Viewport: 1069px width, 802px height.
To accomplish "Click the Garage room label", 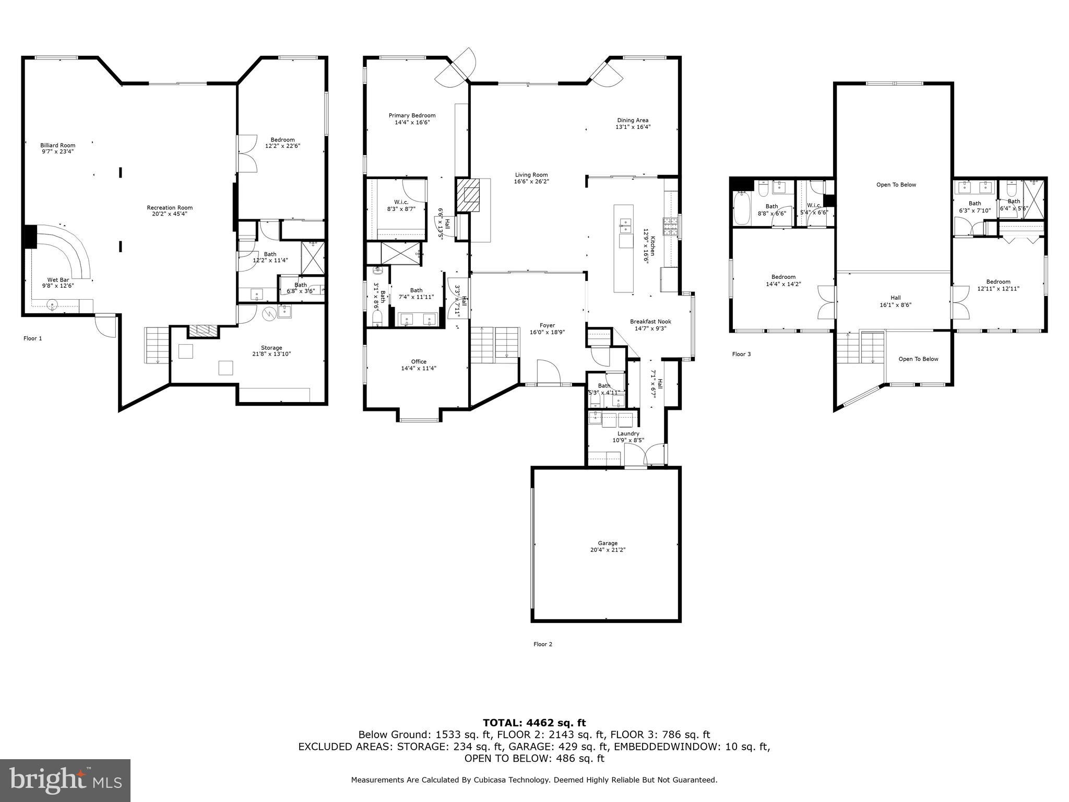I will (608, 543).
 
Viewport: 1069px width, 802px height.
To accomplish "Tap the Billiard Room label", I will (58, 145).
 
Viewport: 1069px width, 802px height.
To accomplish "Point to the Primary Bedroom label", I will (412, 115).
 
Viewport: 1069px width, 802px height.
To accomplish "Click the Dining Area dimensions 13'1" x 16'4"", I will (633, 127).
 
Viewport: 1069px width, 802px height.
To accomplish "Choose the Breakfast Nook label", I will (650, 322).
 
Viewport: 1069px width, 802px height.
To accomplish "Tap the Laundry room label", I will (628, 433).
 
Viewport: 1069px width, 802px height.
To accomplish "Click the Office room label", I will (419, 361).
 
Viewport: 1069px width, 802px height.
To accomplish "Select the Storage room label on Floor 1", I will (271, 348).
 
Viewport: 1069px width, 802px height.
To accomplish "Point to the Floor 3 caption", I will (741, 354).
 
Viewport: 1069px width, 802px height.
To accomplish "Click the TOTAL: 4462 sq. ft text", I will (534, 723).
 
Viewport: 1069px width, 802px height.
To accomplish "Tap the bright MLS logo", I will (65, 780).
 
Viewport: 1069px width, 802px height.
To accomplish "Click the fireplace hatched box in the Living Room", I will (467, 195).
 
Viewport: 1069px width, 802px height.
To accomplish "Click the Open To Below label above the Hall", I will (896, 184).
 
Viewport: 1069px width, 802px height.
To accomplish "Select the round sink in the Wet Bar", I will (52, 305).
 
